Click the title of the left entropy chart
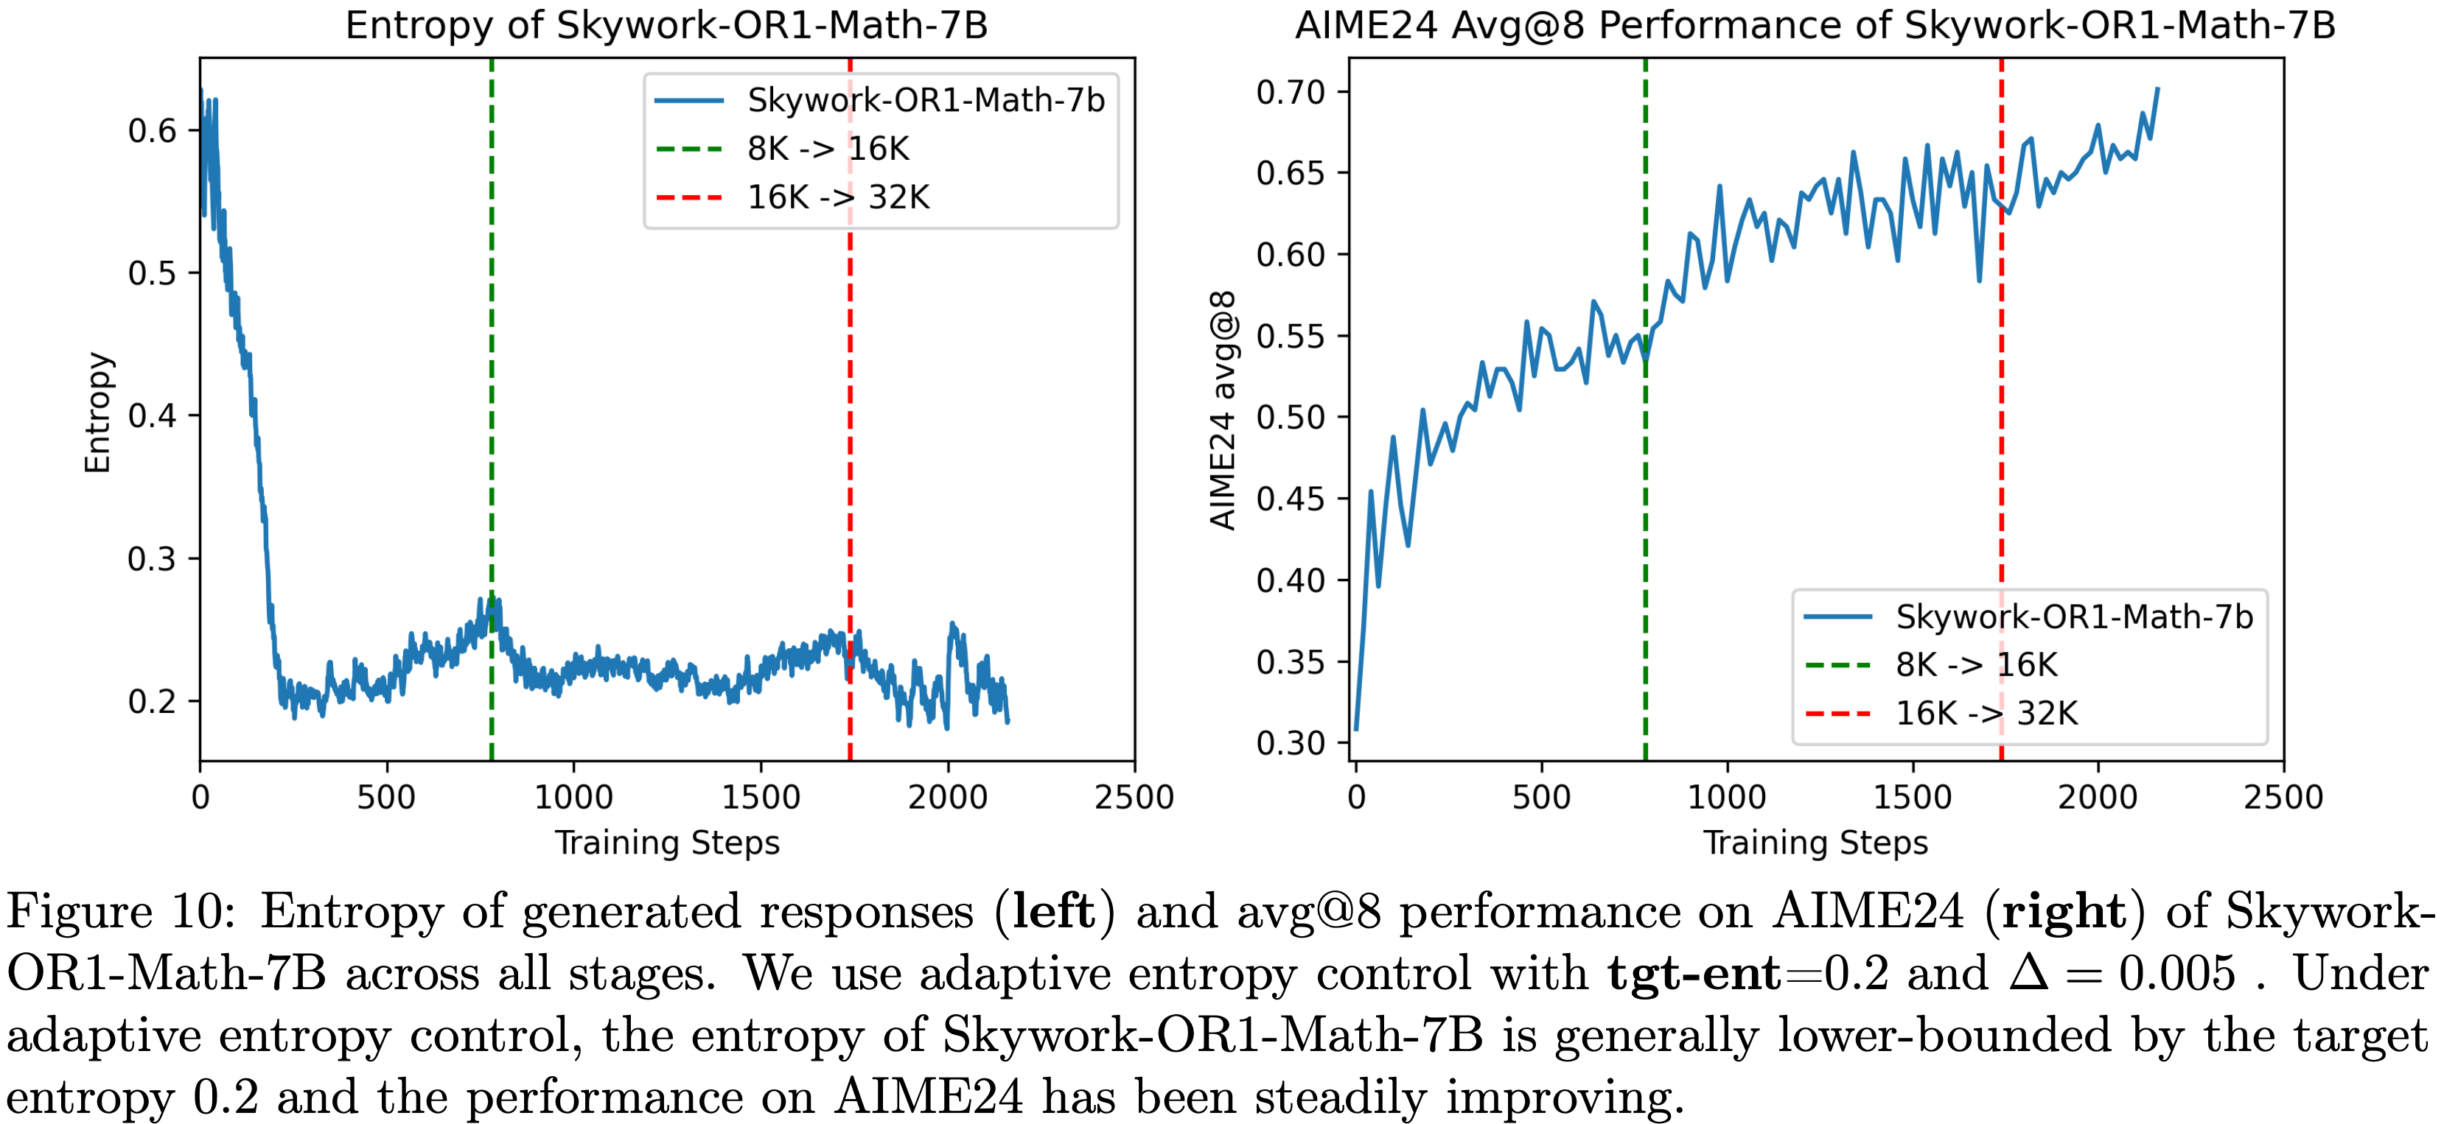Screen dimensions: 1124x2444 click(666, 26)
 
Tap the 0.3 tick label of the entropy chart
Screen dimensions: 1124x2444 click(153, 558)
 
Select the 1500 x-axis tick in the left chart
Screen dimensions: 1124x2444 click(761, 797)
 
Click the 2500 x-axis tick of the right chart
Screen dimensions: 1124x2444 click(2283, 797)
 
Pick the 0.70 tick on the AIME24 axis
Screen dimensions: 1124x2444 click(1291, 93)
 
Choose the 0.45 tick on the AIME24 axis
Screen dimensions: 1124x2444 click(1291, 499)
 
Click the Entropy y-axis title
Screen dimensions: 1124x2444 click(98, 412)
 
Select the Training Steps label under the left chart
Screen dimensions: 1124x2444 click(667, 843)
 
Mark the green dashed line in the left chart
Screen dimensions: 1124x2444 click(492, 426)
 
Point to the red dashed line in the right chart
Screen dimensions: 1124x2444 click(2001, 426)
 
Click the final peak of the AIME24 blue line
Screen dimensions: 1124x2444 click(2157, 89)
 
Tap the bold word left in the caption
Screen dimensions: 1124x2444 click(1054, 912)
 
